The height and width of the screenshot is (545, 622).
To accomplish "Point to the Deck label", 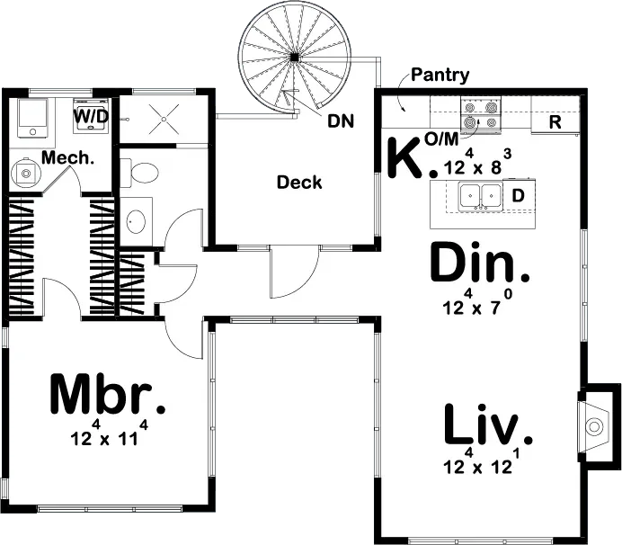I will pos(299,183).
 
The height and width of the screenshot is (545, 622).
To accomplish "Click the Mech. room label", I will pos(69,157).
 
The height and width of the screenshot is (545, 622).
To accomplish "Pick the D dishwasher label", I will pos(518,194).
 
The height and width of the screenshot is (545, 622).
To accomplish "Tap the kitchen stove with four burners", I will pos(480,115).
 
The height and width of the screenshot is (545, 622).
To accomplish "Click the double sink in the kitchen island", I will pos(480,195).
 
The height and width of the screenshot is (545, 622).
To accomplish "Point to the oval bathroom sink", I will pos(136,220).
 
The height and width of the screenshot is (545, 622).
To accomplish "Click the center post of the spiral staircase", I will pos(293,58).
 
